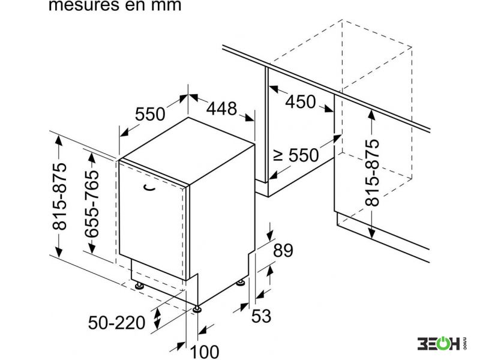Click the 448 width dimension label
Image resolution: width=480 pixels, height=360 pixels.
pos(221,109)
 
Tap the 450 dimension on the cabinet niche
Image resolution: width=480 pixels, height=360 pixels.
pos(301,101)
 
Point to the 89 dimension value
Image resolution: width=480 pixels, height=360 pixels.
pos(283,250)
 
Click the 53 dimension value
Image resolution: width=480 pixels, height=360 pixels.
pos(261,316)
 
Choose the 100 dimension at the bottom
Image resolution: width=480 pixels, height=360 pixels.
pos(205,352)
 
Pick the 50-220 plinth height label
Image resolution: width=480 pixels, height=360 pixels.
pos(116,323)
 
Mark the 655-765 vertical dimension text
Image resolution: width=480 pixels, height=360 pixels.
pos(92,204)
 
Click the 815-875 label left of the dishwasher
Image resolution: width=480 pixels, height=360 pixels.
pos(59,196)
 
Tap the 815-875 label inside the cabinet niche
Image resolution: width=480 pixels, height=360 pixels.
pos(372,173)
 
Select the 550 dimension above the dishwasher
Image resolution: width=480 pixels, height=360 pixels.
pos(150,114)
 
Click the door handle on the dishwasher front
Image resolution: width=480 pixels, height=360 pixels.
pos(149,188)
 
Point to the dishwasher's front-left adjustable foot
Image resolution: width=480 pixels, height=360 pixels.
pos(139,286)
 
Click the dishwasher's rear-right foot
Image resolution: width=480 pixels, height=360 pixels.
pos(241,283)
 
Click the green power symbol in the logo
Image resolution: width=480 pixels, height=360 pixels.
pos(440,343)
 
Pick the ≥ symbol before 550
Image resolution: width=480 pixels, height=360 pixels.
pos(278,155)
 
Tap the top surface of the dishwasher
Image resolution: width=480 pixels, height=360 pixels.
pos(187,151)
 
